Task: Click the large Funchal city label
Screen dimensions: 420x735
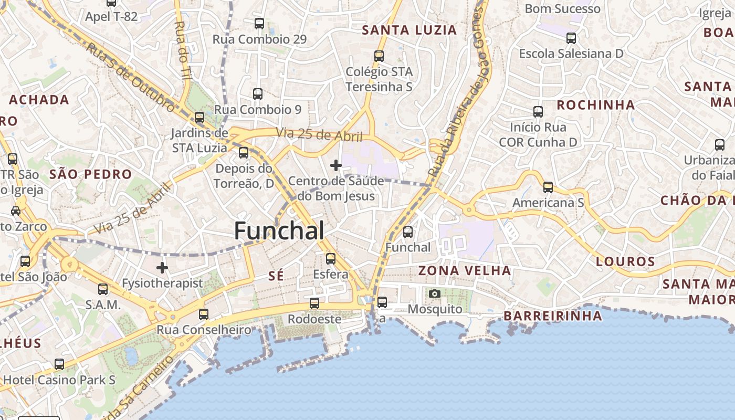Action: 279,231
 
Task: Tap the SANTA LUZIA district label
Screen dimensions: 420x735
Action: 409,30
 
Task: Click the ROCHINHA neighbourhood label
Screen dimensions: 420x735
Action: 595,104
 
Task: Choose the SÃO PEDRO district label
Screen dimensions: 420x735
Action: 90,174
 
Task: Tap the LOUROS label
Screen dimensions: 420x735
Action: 625,261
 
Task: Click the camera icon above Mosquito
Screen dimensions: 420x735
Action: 435,294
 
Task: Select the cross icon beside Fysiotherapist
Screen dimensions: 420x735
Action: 162,268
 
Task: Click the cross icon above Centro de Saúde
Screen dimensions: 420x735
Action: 336,166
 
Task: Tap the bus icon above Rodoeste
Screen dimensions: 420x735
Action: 314,303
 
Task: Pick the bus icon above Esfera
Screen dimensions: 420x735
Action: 330,259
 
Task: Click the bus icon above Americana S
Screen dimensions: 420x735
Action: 548,187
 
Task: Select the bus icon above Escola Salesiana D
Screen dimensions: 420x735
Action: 571,38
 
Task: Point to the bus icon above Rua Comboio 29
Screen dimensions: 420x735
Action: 259,24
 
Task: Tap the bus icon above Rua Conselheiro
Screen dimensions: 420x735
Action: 203,314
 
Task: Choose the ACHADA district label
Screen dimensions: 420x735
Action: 39,99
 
